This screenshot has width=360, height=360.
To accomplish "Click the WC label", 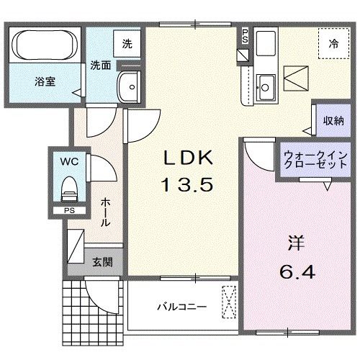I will click(69, 162).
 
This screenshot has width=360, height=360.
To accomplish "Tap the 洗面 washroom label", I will click(100, 65).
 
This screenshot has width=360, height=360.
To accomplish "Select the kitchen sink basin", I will click(264, 85).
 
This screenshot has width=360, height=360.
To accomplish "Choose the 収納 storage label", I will click(333, 120).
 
